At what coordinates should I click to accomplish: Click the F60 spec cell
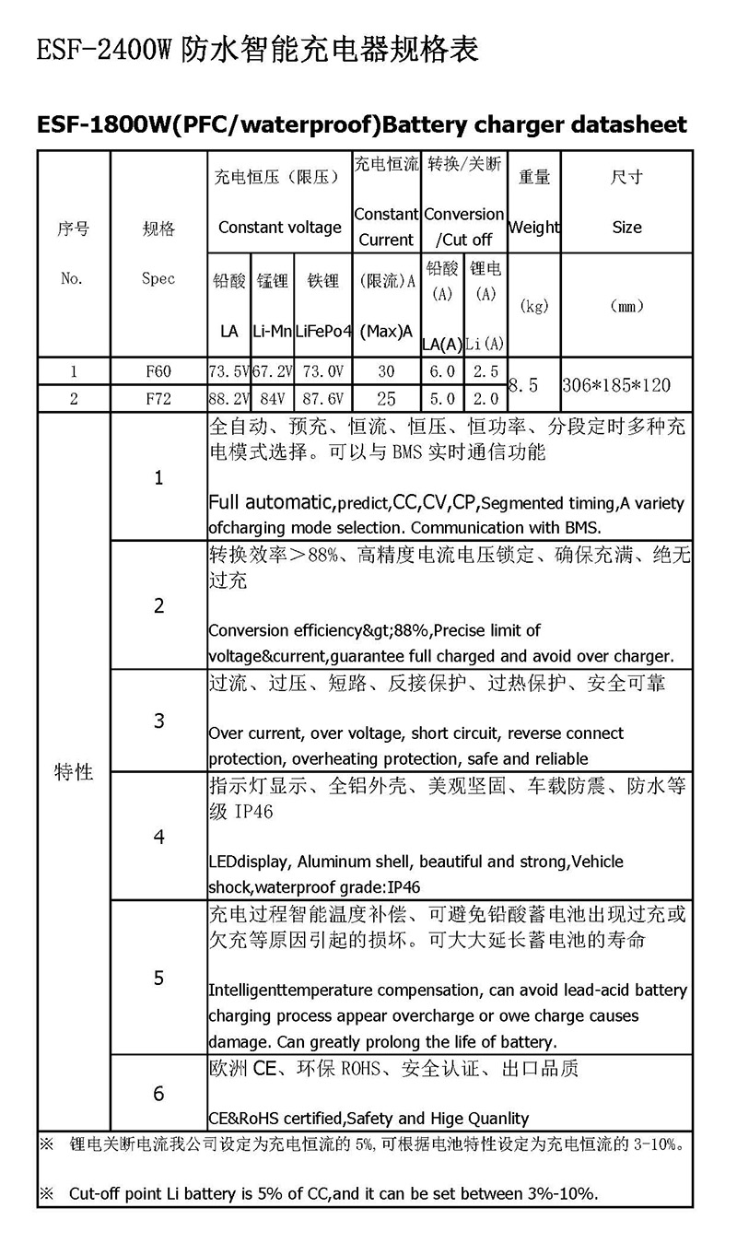click(158, 372)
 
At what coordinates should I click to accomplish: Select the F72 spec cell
click(158, 399)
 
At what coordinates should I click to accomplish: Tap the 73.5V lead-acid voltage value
click(228, 372)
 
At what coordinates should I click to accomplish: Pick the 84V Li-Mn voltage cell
click(273, 399)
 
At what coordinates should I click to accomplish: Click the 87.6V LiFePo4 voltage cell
click(323, 399)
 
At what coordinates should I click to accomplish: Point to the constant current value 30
click(386, 372)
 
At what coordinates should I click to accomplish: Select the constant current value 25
click(386, 399)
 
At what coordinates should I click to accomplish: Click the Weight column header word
click(534, 228)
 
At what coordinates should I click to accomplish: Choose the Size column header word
click(626, 228)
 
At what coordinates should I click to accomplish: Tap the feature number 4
click(159, 837)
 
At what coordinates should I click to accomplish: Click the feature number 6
click(159, 1094)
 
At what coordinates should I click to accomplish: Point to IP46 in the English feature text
click(403, 887)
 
